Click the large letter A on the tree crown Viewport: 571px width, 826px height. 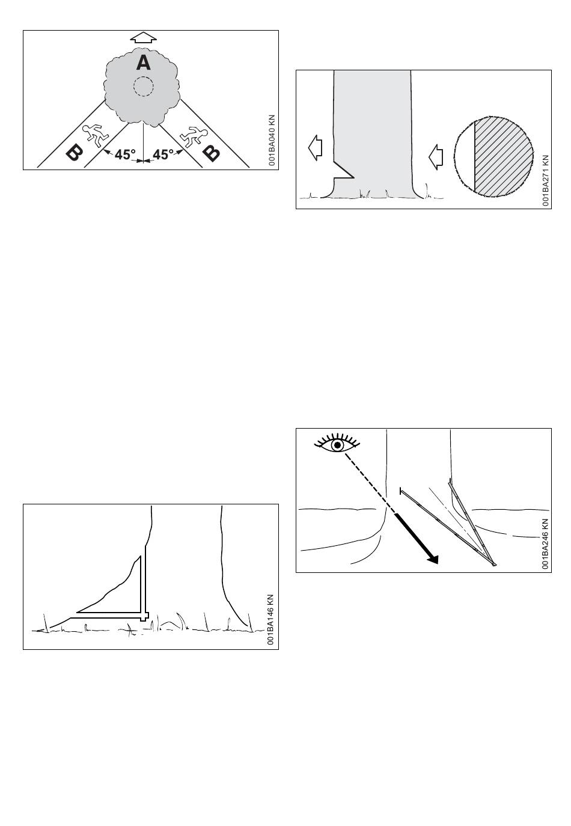point(144,63)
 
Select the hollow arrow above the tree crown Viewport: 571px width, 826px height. point(144,37)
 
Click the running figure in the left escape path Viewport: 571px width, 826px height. point(95,135)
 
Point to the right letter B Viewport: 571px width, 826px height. point(211,153)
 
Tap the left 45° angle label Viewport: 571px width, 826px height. point(125,154)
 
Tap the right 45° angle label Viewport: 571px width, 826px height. point(163,154)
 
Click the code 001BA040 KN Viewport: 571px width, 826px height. point(272,141)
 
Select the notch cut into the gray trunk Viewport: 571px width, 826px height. point(343,170)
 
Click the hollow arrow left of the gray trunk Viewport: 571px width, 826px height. point(315,147)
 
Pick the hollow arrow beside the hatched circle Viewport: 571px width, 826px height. point(436,157)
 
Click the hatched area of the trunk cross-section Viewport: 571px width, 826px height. point(503,157)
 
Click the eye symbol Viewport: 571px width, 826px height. point(337,445)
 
